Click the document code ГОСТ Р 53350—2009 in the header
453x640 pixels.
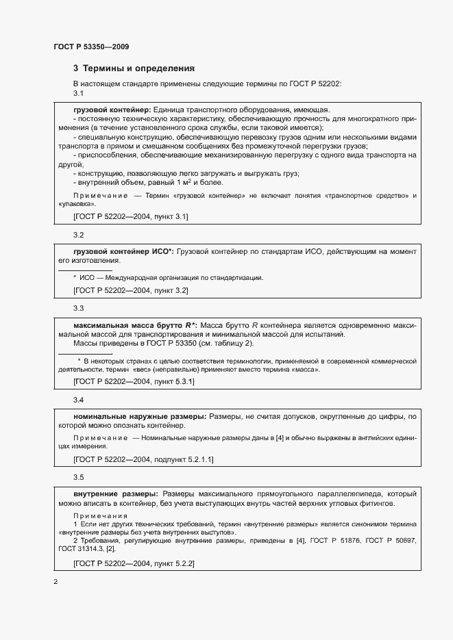coord(91,47)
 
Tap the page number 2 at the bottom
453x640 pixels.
coord(56,582)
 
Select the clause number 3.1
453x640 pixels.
coord(78,94)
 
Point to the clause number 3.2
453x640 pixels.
coord(78,235)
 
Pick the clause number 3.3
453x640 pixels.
coord(78,308)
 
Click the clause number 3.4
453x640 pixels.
coord(78,399)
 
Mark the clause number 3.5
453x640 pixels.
coord(78,476)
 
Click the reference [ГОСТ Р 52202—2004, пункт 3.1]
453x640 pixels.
coord(130,217)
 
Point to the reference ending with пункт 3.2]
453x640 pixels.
coord(130,290)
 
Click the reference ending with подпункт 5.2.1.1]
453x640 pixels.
coord(143,459)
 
